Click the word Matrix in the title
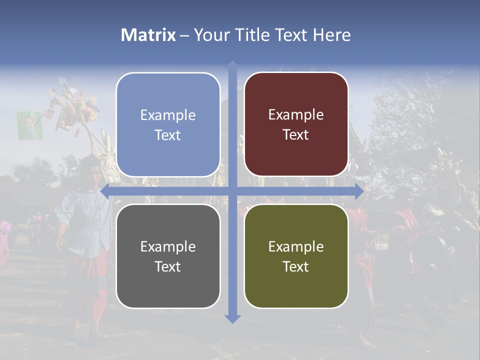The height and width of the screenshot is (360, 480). point(148,35)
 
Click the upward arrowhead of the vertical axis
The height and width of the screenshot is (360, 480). point(232,65)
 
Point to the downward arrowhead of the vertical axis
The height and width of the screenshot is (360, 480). point(232,318)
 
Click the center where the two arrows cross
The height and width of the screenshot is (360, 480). point(232,191)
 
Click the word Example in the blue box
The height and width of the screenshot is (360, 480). point(168,115)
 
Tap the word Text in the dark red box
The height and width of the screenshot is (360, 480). point(296,135)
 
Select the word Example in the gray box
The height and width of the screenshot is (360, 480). point(168,246)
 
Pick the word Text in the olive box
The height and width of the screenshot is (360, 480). point(296,266)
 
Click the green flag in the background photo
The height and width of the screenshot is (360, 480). point(29,125)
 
